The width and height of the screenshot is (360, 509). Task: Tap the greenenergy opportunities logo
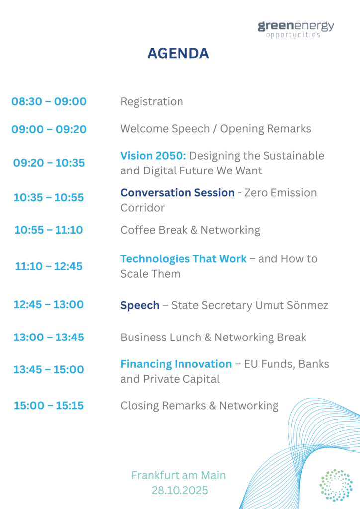click(x=296, y=29)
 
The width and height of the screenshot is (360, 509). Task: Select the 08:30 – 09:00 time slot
click(x=49, y=101)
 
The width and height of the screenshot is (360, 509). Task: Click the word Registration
click(x=152, y=102)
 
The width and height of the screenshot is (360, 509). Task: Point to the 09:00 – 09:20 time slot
click(x=49, y=129)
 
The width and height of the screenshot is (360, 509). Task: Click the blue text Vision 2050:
click(x=153, y=156)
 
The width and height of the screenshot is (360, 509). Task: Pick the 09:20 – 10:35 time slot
click(x=49, y=163)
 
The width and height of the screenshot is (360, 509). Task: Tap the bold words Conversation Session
click(x=178, y=192)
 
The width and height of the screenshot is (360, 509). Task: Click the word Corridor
click(x=143, y=208)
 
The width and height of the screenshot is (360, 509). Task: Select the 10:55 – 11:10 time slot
click(x=49, y=230)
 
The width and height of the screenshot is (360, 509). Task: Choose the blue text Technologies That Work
click(x=183, y=258)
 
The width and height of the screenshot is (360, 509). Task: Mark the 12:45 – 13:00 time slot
click(x=49, y=305)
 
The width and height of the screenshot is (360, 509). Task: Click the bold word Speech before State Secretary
click(x=140, y=306)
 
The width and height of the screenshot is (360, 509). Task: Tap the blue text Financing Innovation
click(x=176, y=364)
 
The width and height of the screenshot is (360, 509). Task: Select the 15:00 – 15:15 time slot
click(x=49, y=406)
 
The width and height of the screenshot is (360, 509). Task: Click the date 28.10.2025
click(x=180, y=490)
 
